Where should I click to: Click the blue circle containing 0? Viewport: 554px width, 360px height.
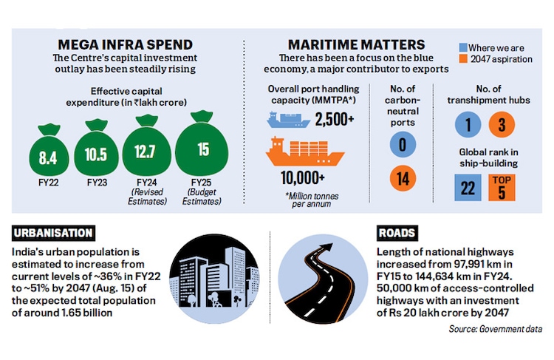402,144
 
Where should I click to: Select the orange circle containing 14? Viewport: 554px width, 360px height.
402,178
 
